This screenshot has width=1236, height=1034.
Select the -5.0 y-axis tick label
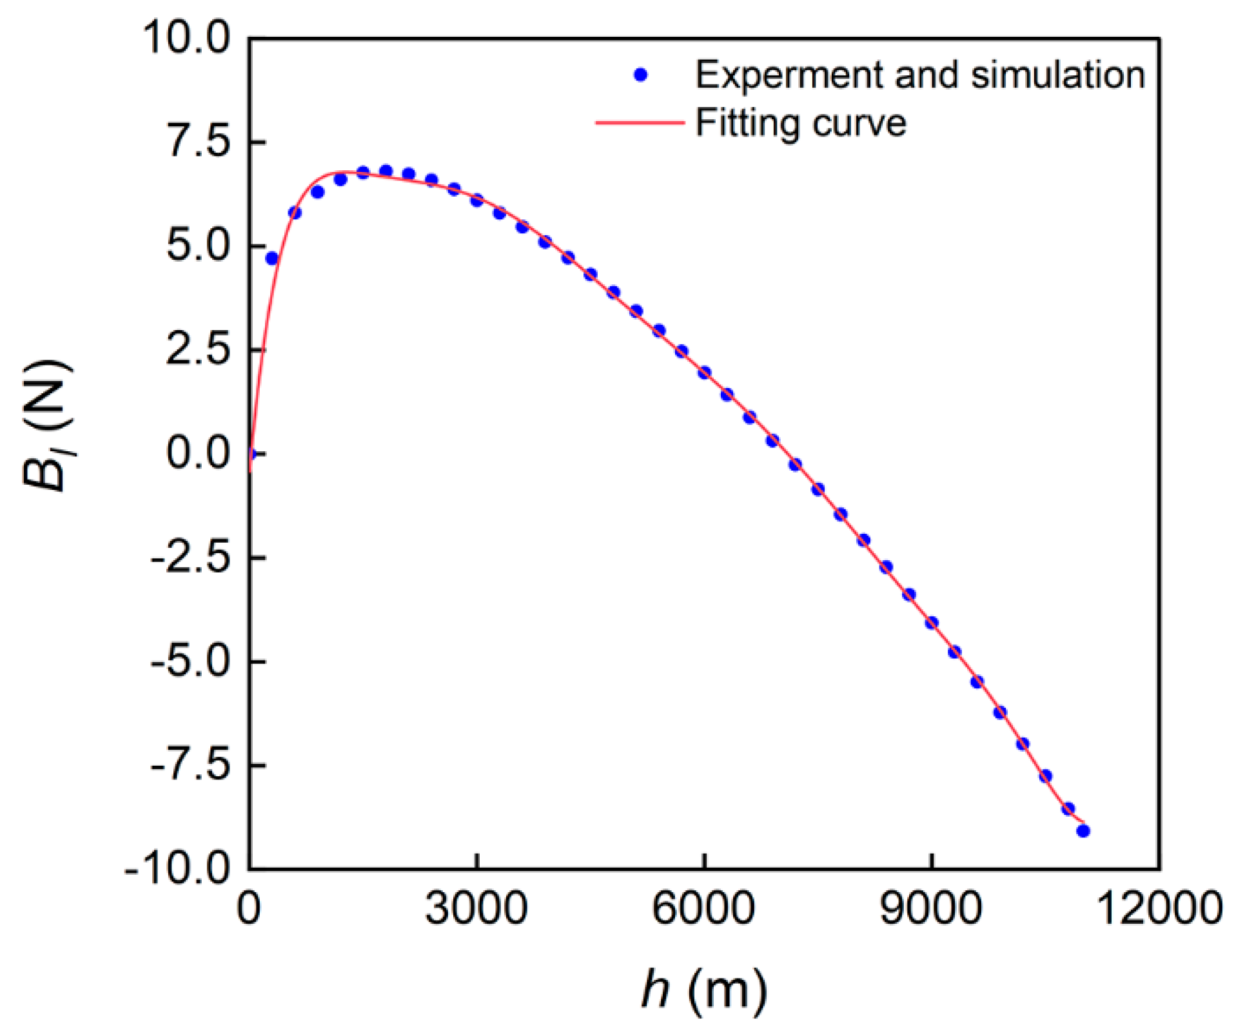click(190, 661)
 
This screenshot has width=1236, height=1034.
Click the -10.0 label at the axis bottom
click(177, 869)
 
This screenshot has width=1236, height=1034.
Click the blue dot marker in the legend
click(640, 75)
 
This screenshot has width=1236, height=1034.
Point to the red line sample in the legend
click(639, 122)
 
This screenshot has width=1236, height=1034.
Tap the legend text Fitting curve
click(800, 123)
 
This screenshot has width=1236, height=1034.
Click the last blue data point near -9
click(1083, 831)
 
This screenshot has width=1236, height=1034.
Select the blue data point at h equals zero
click(251, 454)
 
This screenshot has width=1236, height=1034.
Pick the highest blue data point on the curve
click(386, 171)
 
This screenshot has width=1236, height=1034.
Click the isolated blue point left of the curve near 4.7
click(272, 258)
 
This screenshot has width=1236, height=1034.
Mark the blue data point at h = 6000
click(704, 373)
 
